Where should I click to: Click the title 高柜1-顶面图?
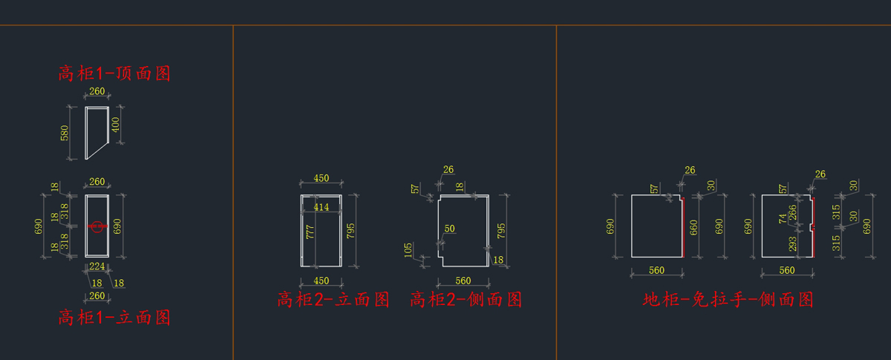[x=115, y=73]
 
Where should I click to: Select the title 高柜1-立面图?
[x=115, y=318]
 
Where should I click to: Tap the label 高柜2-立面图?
[x=333, y=300]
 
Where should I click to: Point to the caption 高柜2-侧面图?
[x=466, y=300]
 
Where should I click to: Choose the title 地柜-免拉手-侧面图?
[x=728, y=300]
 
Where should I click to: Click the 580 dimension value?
[x=65, y=133]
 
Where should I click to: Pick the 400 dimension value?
[x=115, y=125]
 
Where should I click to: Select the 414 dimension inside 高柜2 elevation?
[x=321, y=208]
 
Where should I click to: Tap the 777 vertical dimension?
[x=310, y=231]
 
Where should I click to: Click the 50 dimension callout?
[x=449, y=229]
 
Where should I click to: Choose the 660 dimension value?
[x=693, y=226]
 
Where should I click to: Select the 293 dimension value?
[x=793, y=244]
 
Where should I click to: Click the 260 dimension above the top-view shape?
[x=97, y=92]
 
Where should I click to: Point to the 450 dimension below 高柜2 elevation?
[x=321, y=281]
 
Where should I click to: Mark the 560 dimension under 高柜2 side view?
[x=463, y=281]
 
